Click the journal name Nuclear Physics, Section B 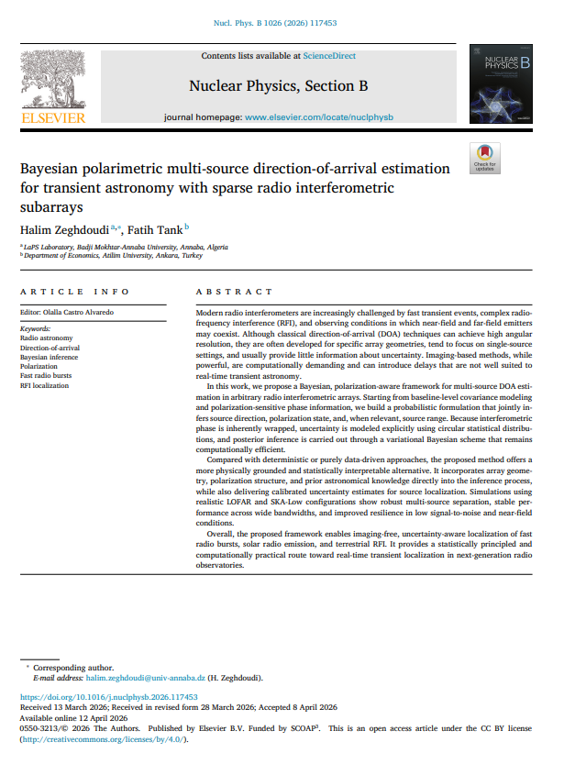point(278,86)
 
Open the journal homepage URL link point(318,118)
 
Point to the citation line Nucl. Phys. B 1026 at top point(282,22)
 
